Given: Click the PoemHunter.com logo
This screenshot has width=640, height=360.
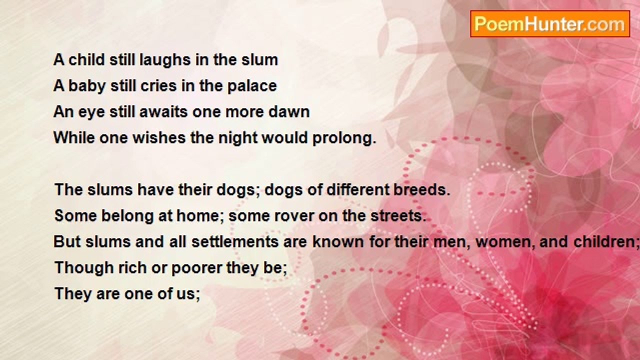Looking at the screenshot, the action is pos(550,24).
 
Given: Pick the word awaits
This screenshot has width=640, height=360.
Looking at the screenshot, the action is pos(163,111).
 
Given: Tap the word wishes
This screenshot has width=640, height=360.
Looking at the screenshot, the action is pos(159,137).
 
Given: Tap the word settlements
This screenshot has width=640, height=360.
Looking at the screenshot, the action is pos(235,241).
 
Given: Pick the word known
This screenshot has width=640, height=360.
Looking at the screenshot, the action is pos(338,241).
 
